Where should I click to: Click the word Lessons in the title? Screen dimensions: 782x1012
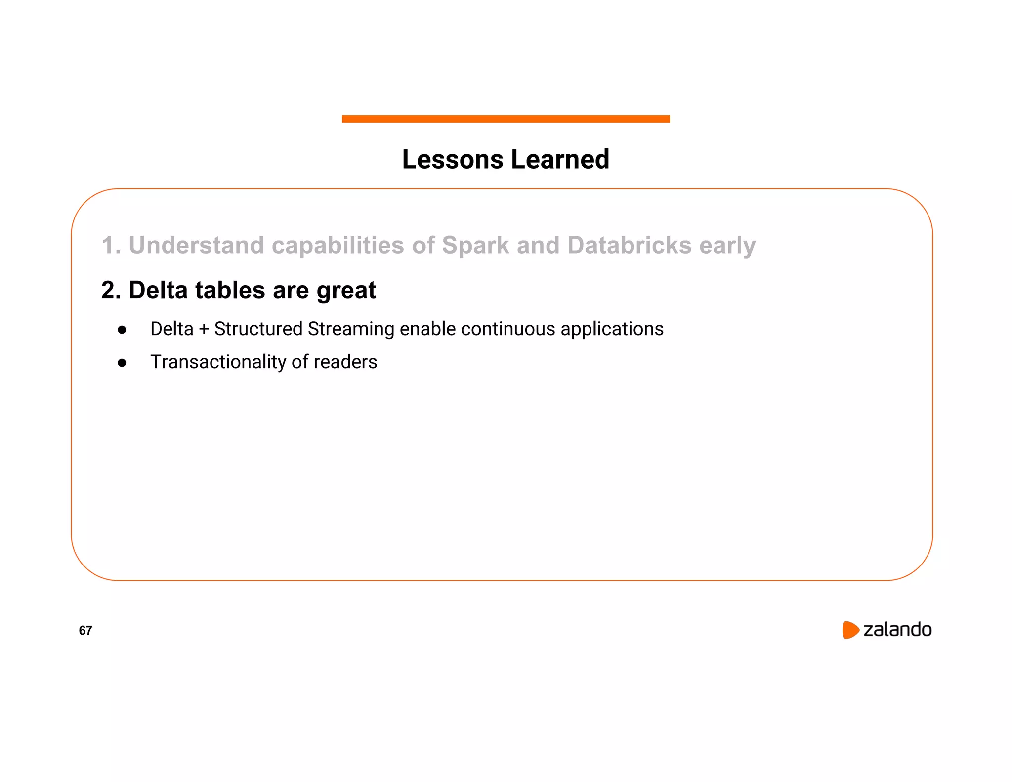pyautogui.click(x=453, y=160)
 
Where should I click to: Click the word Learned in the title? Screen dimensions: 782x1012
pyautogui.click(x=560, y=160)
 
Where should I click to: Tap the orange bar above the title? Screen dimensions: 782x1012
pyautogui.click(x=506, y=119)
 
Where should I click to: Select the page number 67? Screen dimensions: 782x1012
pyautogui.click(x=85, y=631)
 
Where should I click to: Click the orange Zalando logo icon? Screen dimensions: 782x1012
pyautogui.click(x=850, y=630)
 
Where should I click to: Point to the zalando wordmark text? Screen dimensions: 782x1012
pyautogui.click(x=897, y=630)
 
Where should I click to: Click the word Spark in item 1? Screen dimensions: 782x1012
pyautogui.click(x=475, y=246)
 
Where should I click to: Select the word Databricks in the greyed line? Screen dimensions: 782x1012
pyautogui.click(x=629, y=246)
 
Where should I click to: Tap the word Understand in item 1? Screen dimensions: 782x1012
pyautogui.click(x=196, y=246)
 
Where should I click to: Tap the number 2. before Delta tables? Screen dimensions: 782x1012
pyautogui.click(x=111, y=290)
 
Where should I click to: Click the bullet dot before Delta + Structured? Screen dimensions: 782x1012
pyautogui.click(x=122, y=330)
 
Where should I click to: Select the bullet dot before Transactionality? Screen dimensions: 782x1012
pyautogui.click(x=122, y=363)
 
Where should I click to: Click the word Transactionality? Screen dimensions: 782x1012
pyautogui.click(x=218, y=362)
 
